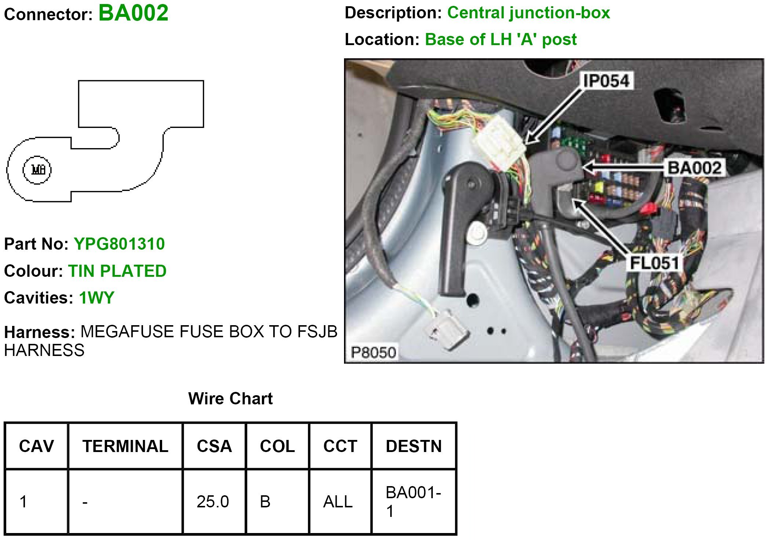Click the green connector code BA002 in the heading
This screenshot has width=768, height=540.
coord(134,13)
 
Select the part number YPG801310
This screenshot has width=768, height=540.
coord(119,244)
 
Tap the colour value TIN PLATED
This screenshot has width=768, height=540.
coord(117,271)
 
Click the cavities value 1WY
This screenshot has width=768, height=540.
coord(97,298)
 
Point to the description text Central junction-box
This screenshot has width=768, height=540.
coord(529,13)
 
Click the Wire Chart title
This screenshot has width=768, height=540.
coord(230,398)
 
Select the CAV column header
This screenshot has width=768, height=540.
coord(36,446)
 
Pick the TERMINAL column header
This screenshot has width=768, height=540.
coord(125,446)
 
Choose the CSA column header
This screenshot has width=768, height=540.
coord(214,446)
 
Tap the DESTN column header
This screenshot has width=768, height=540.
coord(414,446)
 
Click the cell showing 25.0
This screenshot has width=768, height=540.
coord(213,502)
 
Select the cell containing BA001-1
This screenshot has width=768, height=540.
coord(413,502)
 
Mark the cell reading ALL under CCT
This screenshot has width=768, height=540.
coord(338,502)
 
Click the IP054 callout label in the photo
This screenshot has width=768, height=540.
coord(606,81)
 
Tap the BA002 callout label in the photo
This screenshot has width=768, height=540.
coord(694,168)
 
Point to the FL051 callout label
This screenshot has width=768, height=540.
coord(654,263)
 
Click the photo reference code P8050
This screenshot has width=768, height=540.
coord(373,352)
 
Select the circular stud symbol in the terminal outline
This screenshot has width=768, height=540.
coord(37,170)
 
